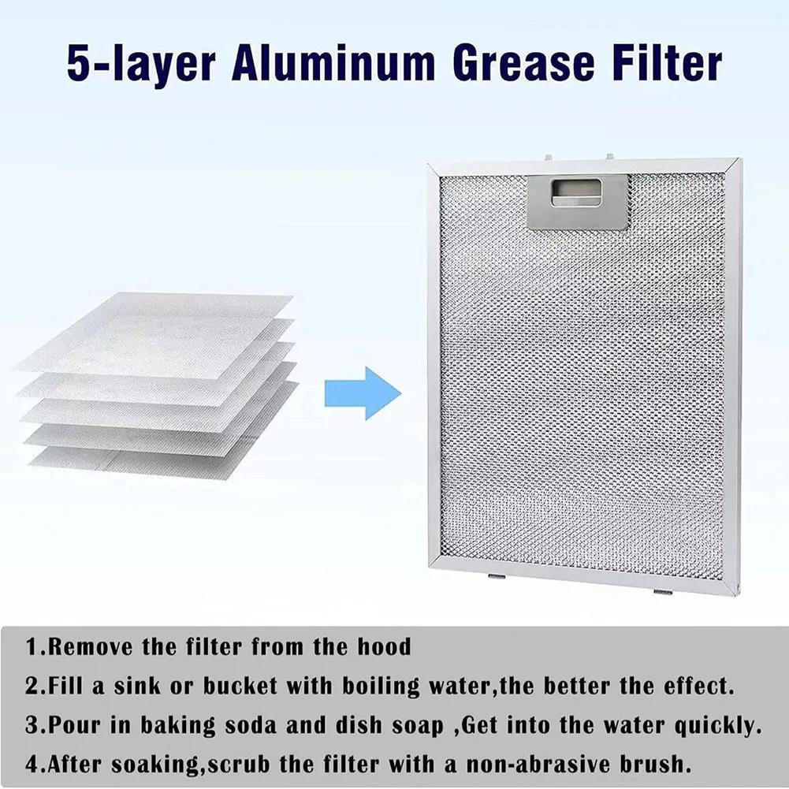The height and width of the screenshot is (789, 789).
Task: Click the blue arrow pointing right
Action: click(363, 393)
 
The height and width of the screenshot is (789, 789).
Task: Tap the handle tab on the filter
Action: click(578, 202)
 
